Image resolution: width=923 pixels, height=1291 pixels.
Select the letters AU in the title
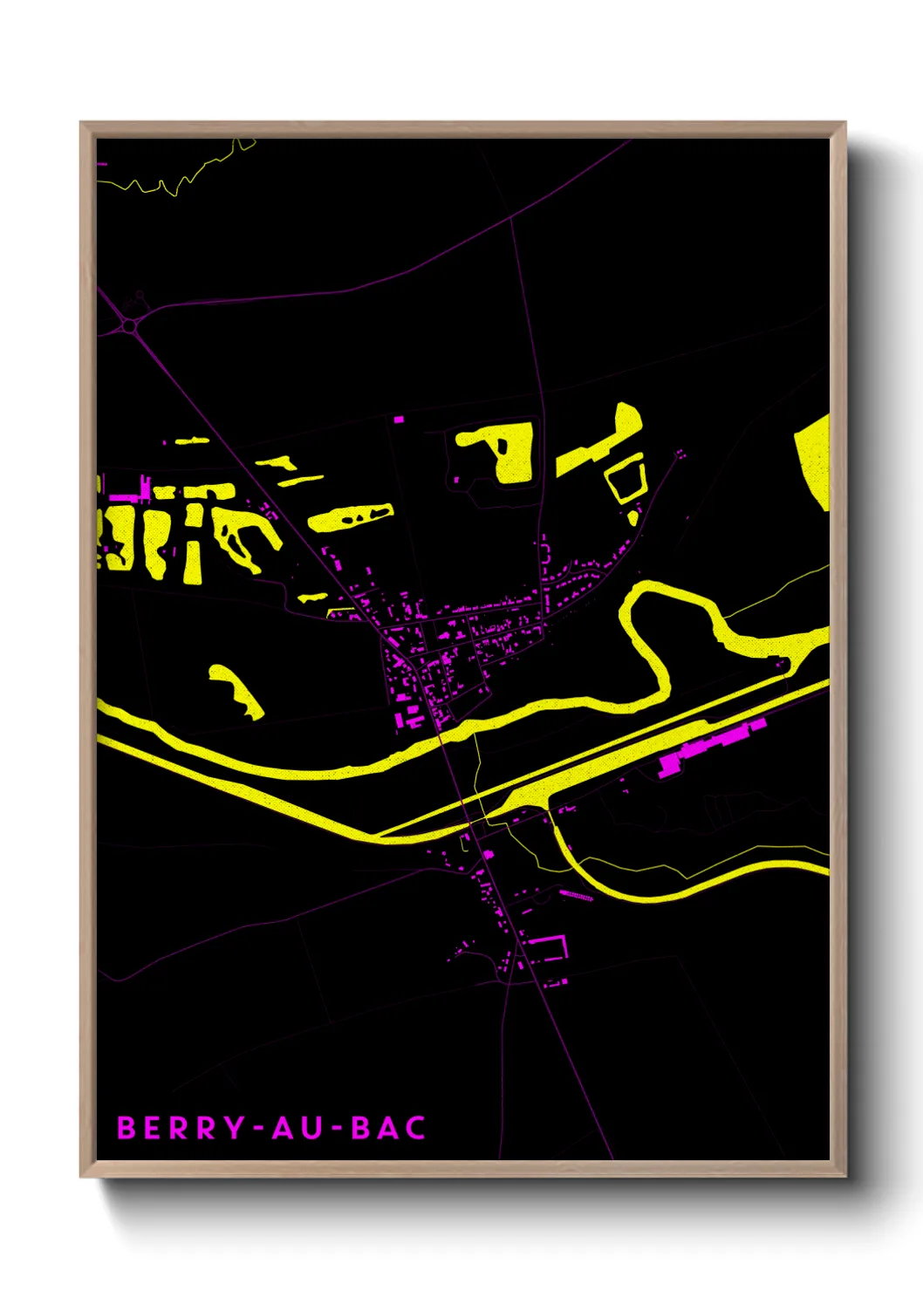[297, 1128]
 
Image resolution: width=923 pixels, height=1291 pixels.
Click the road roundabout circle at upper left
[130, 325]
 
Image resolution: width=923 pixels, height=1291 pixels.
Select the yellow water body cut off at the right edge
[815, 457]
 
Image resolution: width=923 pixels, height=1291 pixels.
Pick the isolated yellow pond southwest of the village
[236, 691]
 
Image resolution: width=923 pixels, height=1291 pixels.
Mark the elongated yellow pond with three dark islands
[351, 517]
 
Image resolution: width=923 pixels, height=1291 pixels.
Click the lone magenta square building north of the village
[399, 420]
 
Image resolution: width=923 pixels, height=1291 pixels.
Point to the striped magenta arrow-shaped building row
[576, 896]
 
